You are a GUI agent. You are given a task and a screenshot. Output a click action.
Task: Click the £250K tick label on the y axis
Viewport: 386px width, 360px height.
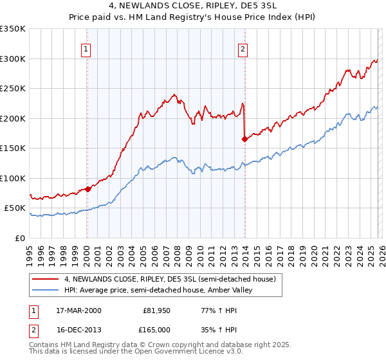click(13, 88)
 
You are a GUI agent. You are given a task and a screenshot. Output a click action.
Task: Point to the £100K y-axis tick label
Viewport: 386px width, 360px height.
click(13, 178)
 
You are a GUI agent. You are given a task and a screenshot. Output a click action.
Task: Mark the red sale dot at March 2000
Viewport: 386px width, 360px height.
click(88, 189)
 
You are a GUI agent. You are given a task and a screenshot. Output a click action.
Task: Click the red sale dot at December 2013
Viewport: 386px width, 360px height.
click(244, 139)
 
